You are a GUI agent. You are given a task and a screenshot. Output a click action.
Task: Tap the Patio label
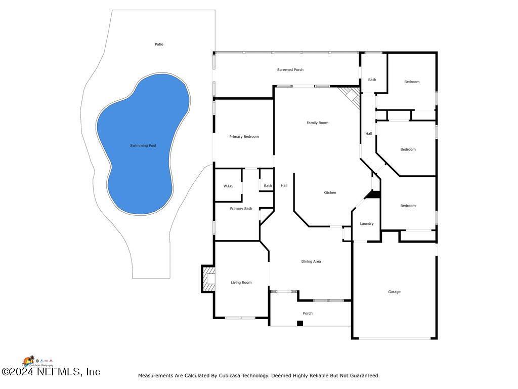159,45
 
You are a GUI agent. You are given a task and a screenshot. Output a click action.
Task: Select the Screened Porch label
290,70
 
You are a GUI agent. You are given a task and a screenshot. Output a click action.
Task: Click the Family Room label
317,123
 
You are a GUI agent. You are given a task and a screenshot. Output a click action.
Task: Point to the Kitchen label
329,193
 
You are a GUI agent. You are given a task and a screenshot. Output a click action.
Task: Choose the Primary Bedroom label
244,137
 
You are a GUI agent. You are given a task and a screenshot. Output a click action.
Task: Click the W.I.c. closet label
228,186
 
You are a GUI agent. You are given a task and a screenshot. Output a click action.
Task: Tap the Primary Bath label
241,209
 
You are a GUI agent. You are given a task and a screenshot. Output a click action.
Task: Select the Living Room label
241,283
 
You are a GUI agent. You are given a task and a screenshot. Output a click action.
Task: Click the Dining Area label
311,262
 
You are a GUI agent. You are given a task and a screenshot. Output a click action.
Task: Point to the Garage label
394,292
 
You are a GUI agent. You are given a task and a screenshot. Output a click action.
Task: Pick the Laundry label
367,224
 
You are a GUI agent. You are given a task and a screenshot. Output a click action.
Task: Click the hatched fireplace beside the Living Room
208,279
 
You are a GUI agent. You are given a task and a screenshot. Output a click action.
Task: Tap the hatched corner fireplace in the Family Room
350,96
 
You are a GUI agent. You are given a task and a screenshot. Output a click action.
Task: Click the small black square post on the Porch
299,323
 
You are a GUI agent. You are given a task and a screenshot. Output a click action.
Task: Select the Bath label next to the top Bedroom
372,80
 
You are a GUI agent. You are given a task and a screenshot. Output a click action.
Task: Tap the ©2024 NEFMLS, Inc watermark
51,372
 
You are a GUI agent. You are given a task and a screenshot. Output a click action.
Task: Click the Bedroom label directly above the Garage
408,206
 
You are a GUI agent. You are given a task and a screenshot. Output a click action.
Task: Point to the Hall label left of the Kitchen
284,186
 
